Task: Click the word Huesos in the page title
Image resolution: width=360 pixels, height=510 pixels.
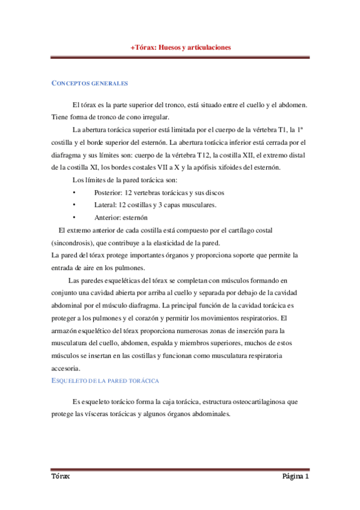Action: (x=169, y=47)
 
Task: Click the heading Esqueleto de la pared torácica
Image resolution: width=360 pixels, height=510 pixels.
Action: (x=104, y=381)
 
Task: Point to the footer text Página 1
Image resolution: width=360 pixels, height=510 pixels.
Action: (x=295, y=476)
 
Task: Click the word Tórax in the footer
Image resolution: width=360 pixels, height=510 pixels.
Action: (x=60, y=476)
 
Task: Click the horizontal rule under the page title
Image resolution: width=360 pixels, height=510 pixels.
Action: (x=180, y=58)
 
